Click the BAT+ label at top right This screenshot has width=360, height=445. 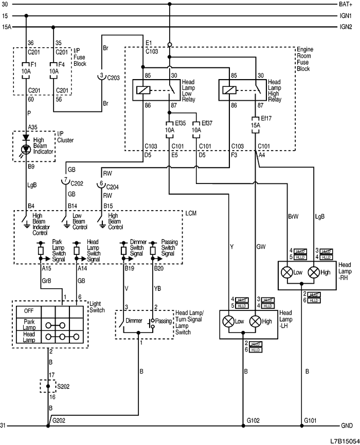(x=345, y=4)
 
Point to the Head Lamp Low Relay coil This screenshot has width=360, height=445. (x=142, y=89)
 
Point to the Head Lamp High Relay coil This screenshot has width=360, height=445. (x=228, y=89)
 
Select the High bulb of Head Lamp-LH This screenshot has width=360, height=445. (x=255, y=322)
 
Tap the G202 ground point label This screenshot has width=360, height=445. (x=58, y=421)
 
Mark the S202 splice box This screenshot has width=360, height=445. (x=48, y=385)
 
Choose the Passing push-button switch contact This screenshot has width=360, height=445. (x=151, y=323)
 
